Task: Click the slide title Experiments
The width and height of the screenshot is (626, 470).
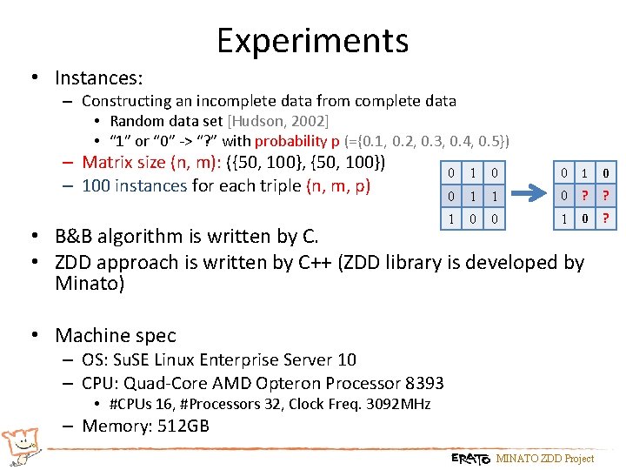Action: pyautogui.click(x=312, y=41)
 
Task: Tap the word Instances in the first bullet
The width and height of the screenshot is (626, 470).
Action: pyautogui.click(x=98, y=78)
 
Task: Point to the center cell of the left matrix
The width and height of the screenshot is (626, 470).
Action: pyautogui.click(x=471, y=196)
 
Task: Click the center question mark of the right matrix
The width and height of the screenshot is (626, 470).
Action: pyautogui.click(x=584, y=196)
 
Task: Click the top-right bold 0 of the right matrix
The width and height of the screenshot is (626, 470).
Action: pyautogui.click(x=605, y=173)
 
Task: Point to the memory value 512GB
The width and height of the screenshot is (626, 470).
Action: pyautogui.click(x=181, y=426)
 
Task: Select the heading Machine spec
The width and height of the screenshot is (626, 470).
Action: pyautogui.click(x=115, y=336)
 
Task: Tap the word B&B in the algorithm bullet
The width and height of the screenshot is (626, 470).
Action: pyautogui.click(x=77, y=237)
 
